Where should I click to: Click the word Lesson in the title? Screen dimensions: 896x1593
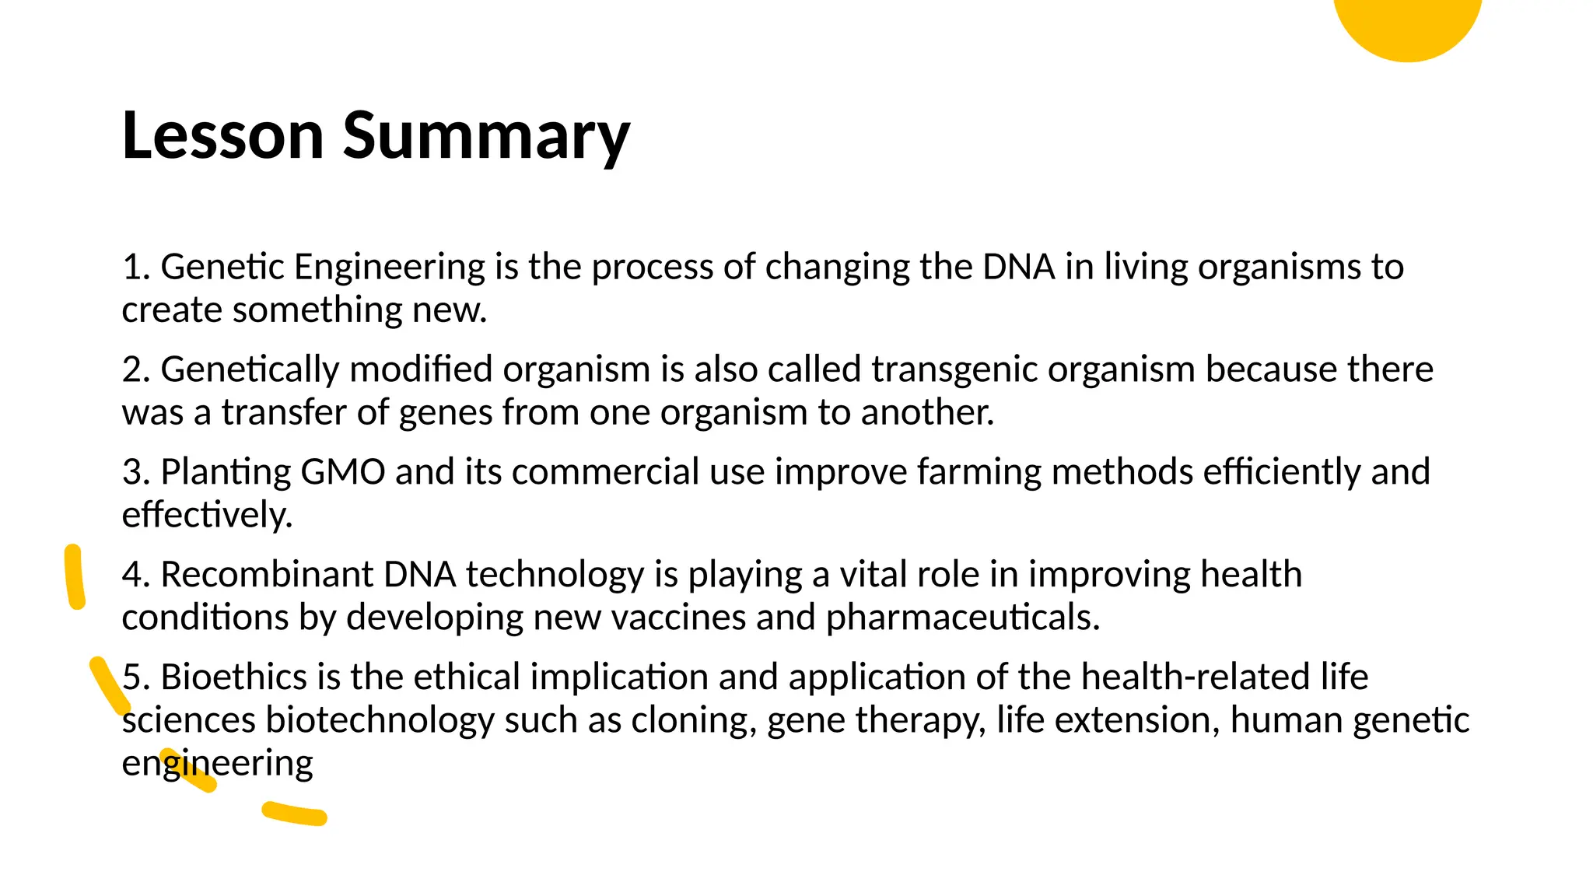pos(222,136)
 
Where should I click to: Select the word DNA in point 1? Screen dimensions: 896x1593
pos(1019,267)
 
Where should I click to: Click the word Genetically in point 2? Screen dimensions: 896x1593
pos(250,369)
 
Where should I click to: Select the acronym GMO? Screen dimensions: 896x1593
pos(342,472)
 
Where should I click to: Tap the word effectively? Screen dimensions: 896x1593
pos(207,515)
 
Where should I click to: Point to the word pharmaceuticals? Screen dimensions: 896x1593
pos(962,618)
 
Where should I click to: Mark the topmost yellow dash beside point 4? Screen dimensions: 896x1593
pos(75,576)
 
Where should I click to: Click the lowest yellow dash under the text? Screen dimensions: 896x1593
pos(294,814)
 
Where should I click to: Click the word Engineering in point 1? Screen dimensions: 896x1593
pos(390,267)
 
